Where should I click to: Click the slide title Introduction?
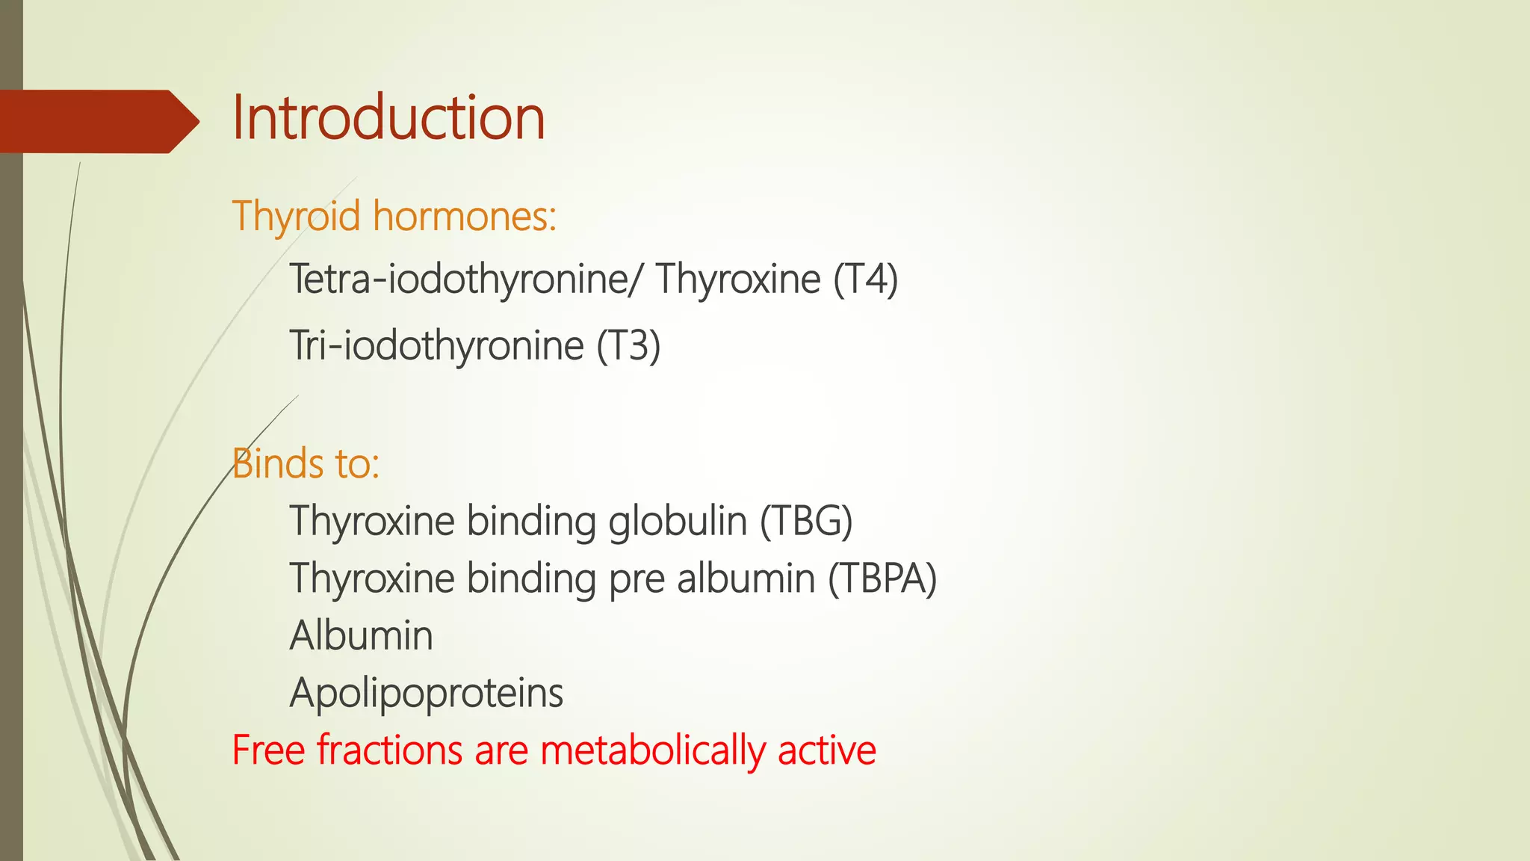coord(388,118)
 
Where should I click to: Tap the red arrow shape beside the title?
coord(97,121)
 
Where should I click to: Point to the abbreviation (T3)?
coord(628,346)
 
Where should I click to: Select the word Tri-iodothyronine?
coord(436,346)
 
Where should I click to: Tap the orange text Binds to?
coord(306,463)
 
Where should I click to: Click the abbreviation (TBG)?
coord(806,521)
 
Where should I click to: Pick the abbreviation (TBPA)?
coord(882,578)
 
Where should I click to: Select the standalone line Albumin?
coord(361,636)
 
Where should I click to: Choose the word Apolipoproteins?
coord(426,694)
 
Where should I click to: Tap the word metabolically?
coord(653,750)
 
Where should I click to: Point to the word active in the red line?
coord(826,750)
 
